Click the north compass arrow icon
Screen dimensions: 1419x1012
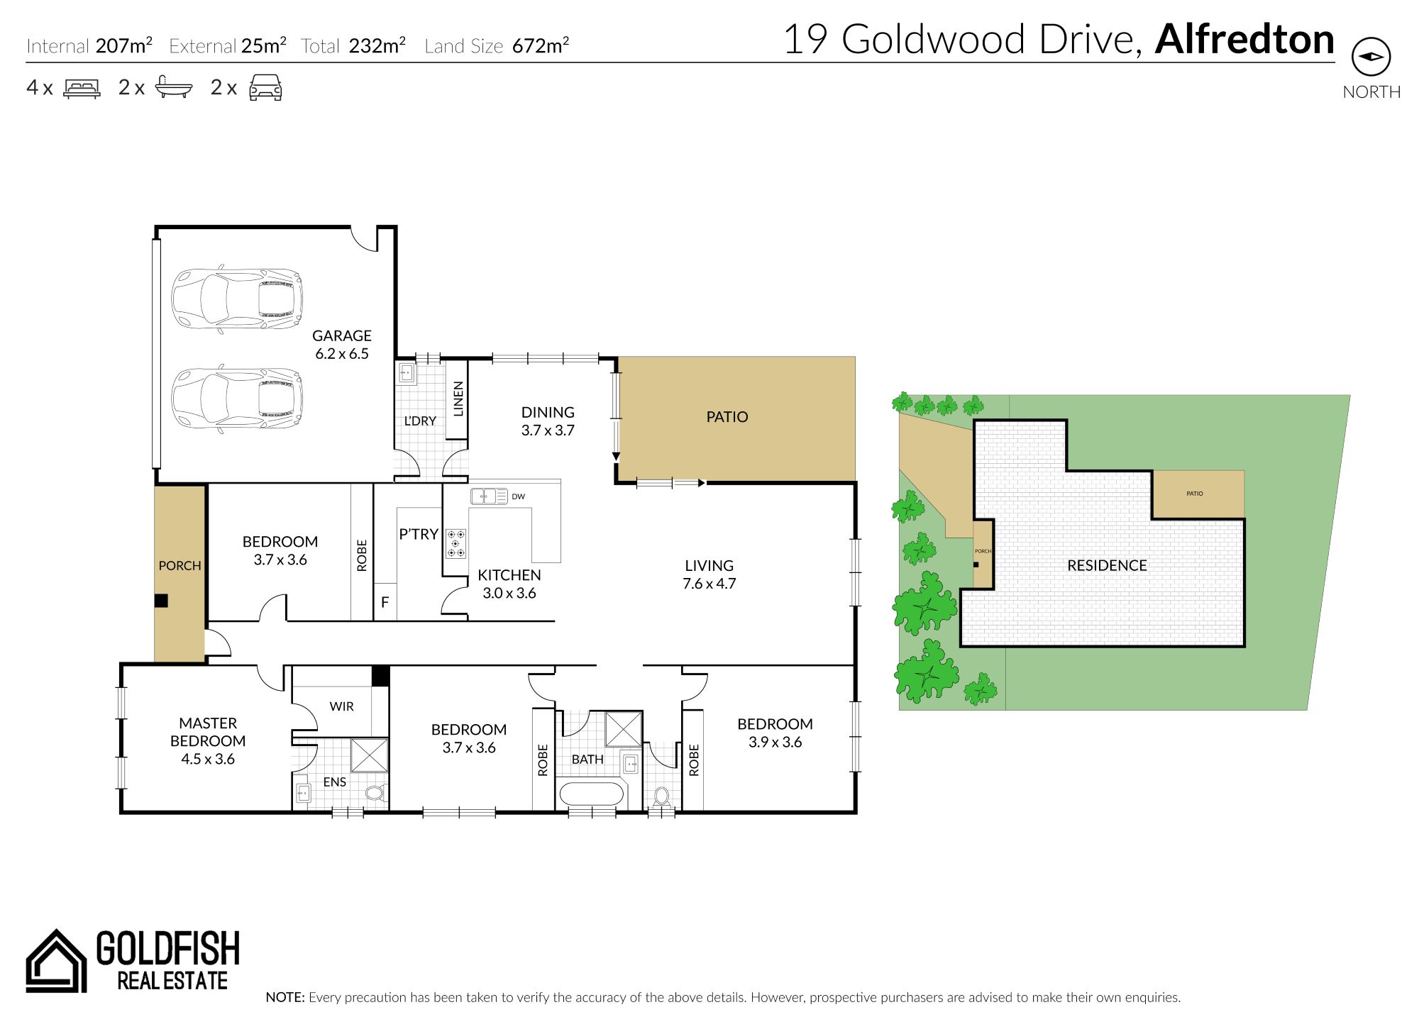[x=1371, y=57]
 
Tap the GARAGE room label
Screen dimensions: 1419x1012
[x=342, y=335]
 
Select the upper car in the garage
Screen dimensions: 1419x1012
[x=237, y=298]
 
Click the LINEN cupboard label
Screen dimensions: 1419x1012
[x=458, y=399]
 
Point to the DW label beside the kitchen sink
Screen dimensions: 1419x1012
[x=519, y=496]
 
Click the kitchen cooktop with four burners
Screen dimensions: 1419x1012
[x=456, y=543]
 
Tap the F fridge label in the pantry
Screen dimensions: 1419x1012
[x=385, y=603]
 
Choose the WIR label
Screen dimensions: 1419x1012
[x=342, y=706]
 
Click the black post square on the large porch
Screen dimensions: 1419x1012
[x=161, y=601]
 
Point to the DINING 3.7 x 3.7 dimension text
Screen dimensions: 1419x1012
[x=548, y=430]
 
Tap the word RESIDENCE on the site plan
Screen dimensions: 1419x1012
[x=1107, y=565]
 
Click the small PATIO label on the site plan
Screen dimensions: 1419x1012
[x=1195, y=494]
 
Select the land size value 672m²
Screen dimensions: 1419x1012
[x=541, y=46]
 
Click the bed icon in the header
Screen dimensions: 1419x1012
[x=82, y=88]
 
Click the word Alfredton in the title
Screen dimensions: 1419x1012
[x=1244, y=39]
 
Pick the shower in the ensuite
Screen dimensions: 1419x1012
[x=370, y=755]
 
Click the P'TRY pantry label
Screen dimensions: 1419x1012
[x=419, y=534]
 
